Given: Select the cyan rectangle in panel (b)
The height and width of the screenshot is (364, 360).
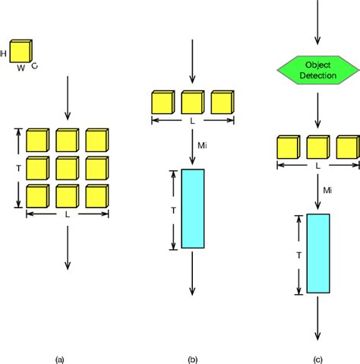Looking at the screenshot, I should (193, 208).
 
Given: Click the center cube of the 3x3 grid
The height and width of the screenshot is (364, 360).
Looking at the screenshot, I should (67, 167).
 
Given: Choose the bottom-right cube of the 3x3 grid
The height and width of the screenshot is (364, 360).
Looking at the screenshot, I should (96, 195).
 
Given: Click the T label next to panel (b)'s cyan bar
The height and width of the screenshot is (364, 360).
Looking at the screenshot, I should (173, 209).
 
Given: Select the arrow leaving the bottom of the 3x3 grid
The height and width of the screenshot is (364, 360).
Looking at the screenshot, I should (68, 247).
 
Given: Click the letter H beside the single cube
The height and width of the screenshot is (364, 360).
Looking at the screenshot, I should (5, 53).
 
